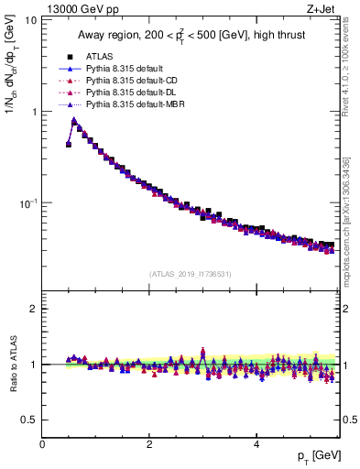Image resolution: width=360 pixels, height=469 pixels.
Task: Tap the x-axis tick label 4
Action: (256, 444)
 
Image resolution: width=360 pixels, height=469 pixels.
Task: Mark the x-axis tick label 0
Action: (42, 444)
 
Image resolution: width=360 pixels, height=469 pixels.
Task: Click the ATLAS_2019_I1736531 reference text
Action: (191, 274)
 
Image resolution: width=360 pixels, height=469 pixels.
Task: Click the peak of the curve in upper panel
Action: (74, 120)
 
